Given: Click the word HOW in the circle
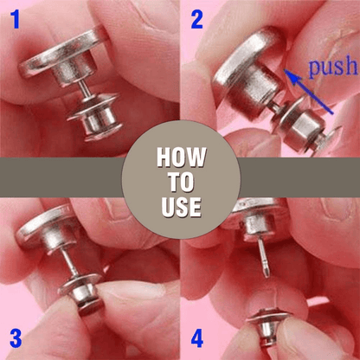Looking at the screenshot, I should (x=180, y=158).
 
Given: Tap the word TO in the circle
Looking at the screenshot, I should (x=180, y=183).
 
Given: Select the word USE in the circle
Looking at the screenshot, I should (x=180, y=207).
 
